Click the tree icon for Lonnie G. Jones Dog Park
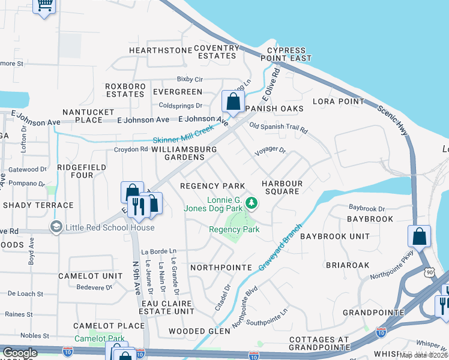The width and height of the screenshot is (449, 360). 252,204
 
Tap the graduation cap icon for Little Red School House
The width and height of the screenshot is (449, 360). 56,227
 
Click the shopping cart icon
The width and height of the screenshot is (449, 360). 44,6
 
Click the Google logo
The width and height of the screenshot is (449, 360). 20,353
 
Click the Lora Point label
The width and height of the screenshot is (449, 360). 339,101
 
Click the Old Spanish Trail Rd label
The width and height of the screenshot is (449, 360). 278,128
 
